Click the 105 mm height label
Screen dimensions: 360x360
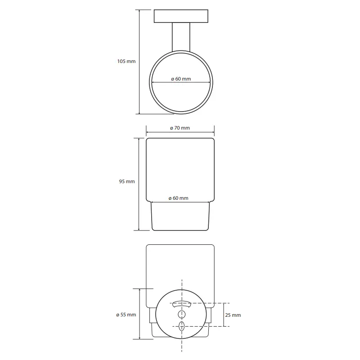coord(126,61)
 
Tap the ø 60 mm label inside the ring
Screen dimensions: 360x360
coord(181,79)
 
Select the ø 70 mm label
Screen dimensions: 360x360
coord(180,128)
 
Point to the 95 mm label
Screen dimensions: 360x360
coord(127,181)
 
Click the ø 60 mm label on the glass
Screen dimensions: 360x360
coord(178,198)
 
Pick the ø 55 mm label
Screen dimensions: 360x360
coord(126,315)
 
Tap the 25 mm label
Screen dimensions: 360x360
coord(233,315)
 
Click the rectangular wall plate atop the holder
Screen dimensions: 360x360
coord(181,16)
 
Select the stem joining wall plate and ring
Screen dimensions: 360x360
coord(181,37)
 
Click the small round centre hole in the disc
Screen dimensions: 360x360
coord(182,314)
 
